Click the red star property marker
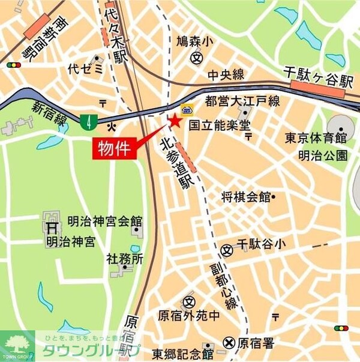point(175,121)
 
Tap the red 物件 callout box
point(115,148)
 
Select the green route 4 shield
point(89,122)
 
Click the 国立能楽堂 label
point(220,125)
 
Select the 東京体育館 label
point(316,137)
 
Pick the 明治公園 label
point(323,155)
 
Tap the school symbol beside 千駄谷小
point(227,249)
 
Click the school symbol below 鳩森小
point(196,58)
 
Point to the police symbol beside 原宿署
point(229,343)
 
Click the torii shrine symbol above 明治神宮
point(52,228)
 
